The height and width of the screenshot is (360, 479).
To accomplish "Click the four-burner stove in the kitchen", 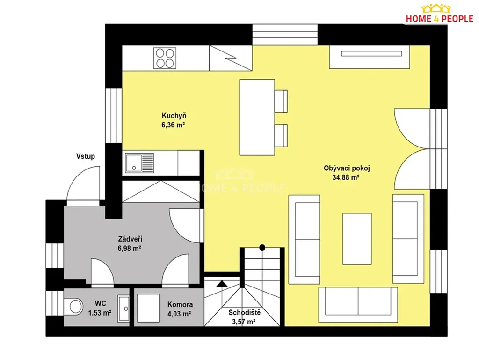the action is point(165,58).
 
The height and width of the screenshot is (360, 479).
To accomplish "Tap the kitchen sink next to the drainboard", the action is point(133,163).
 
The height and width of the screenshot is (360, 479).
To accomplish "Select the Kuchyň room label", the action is point(174,116).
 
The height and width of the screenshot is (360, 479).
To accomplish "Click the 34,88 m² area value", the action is point(346,177).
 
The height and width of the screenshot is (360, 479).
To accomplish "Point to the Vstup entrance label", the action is point(86,156).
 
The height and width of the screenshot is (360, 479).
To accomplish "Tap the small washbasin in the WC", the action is point(123,309).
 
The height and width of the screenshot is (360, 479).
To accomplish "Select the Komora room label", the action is point(180,304).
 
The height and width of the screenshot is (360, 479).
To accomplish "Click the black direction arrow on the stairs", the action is point(222,284).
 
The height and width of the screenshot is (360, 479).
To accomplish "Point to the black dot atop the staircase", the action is point(262,248).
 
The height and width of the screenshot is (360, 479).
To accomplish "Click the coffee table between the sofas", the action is point(357,239).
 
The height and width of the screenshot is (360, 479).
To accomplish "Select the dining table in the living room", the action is point(257,118).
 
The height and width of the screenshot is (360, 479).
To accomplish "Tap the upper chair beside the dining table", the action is point(281,101).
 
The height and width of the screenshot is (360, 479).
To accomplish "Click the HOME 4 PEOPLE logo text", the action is point(440,19).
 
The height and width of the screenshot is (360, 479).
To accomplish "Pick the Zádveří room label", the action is point(130,239).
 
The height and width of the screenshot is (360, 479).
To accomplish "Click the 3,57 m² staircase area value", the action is point(243,322).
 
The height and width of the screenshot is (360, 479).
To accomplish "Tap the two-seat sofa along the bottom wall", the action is point(358,305).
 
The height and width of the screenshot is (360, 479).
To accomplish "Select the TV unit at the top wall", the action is point(370,57).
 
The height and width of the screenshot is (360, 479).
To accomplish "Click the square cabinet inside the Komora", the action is point(148,308).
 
